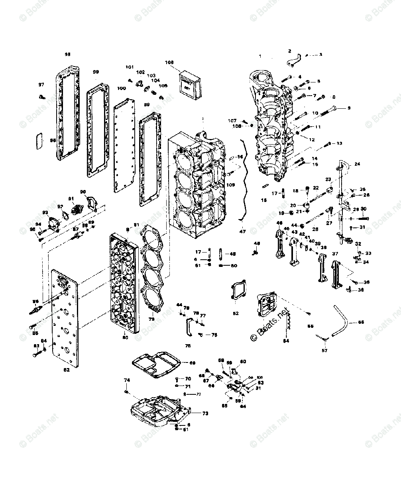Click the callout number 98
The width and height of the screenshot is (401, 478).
click(67, 54)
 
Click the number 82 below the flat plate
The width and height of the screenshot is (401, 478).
click(66, 370)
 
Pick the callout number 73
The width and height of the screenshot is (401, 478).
click(205, 413)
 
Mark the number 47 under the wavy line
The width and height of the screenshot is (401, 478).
click(243, 231)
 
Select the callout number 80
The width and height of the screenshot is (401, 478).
click(125, 338)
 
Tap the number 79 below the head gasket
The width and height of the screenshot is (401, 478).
click(151, 319)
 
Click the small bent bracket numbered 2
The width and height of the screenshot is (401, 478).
click(293, 59)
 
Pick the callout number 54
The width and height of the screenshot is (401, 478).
click(286, 341)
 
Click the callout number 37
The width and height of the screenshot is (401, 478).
click(335, 254)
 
